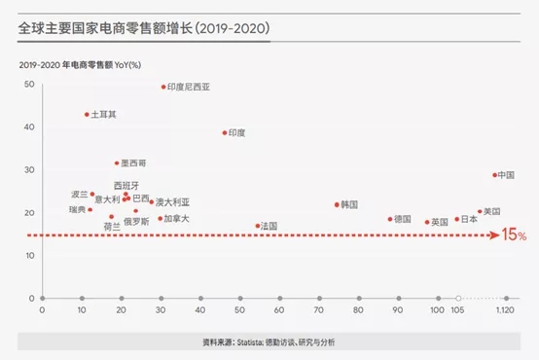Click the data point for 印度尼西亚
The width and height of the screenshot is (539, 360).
[163, 87]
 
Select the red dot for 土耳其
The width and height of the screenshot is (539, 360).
[87, 114]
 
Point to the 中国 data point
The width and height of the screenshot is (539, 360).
[494, 175]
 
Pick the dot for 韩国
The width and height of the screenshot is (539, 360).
[337, 204]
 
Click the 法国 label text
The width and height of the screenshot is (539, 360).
[269, 226]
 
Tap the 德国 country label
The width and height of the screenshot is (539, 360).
[404, 219]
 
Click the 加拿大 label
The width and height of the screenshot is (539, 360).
[176, 219]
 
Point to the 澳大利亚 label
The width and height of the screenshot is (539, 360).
[172, 202]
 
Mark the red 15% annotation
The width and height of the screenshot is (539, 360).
[515, 235]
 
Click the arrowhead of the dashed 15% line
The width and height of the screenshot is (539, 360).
[496, 235]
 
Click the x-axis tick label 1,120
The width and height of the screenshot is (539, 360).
[504, 309]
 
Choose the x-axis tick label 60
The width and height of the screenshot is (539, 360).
[279, 309]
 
